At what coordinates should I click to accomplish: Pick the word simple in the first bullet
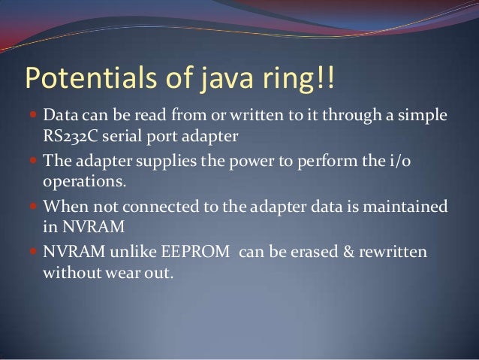tap(426, 118)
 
